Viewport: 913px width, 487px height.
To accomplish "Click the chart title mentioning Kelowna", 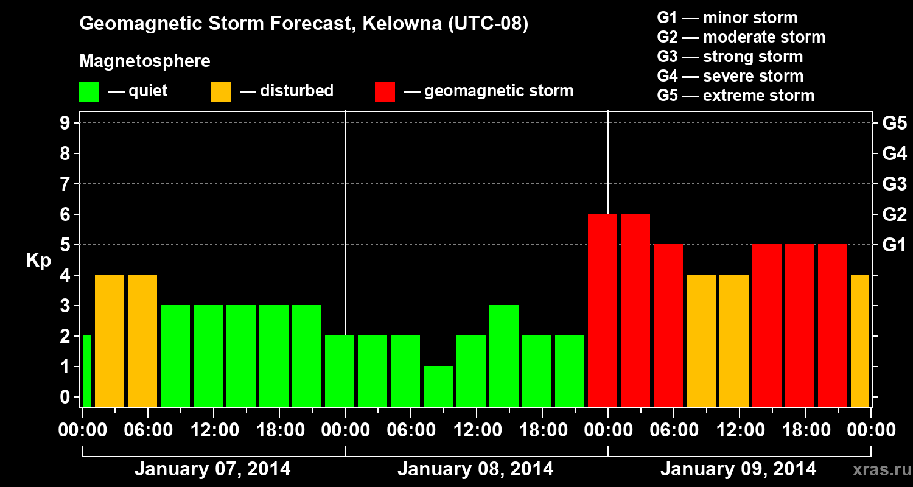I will pyautogui.click(x=303, y=24).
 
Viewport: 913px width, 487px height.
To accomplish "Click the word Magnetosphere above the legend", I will pyautogui.click(x=145, y=61).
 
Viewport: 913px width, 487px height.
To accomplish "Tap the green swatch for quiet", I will pyautogui.click(x=89, y=91).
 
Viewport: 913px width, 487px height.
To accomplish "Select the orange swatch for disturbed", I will pyautogui.click(x=220, y=91).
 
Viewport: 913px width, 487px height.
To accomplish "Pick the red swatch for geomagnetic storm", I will pyautogui.click(x=385, y=91).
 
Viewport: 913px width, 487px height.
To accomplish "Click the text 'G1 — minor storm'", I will pyautogui.click(x=727, y=18).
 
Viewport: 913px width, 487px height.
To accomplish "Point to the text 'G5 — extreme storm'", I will pyautogui.click(x=735, y=96).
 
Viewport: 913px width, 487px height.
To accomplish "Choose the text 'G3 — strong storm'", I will pyautogui.click(x=730, y=57).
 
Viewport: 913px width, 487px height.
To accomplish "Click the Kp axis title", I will pyautogui.click(x=38, y=261).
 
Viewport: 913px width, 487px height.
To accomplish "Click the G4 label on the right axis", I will pyautogui.click(x=894, y=153).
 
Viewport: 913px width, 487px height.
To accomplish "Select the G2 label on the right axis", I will pyautogui.click(x=894, y=214).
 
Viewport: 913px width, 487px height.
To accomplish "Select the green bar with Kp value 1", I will pyautogui.click(x=438, y=386).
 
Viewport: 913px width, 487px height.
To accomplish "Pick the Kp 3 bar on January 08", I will pyautogui.click(x=504, y=356).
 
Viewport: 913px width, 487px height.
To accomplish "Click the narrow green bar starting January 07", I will pyautogui.click(x=86, y=371).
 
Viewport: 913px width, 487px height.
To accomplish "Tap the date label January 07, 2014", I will pyautogui.click(x=212, y=469).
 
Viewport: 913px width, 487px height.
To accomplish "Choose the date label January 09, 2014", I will pyautogui.click(x=738, y=469).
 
